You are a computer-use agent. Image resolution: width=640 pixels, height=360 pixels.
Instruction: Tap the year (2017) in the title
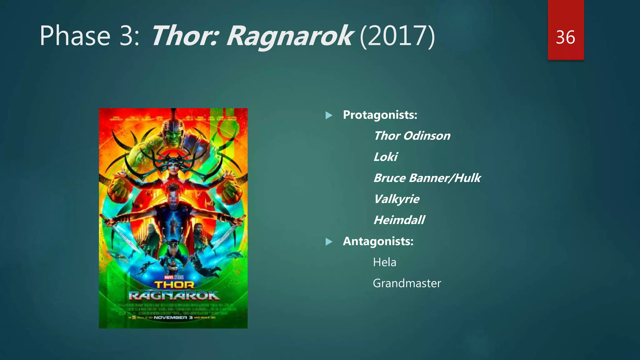(397, 37)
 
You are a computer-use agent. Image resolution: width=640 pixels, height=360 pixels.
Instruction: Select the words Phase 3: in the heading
(89, 36)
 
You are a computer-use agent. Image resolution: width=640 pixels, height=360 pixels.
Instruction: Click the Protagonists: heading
(380, 115)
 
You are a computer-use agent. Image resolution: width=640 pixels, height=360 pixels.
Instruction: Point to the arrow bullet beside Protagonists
(329, 116)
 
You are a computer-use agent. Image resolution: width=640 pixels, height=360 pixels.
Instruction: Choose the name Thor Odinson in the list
(412, 136)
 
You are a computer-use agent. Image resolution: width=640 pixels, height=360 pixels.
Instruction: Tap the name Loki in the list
(385, 157)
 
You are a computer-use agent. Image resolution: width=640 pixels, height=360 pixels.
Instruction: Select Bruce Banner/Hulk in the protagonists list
(427, 178)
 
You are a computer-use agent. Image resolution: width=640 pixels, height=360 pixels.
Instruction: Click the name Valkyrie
(396, 199)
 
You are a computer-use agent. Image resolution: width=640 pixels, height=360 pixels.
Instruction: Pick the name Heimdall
(399, 220)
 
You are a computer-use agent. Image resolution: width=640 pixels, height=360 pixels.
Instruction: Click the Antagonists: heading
(378, 241)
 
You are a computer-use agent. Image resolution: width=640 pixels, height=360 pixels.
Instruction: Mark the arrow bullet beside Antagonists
(329, 242)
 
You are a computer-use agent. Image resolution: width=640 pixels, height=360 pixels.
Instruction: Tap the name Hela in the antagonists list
(384, 262)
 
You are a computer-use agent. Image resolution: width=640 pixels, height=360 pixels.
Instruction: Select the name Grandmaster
(407, 283)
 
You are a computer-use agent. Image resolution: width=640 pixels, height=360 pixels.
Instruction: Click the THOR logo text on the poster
(174, 285)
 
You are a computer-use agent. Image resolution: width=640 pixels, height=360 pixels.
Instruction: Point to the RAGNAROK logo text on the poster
(174, 296)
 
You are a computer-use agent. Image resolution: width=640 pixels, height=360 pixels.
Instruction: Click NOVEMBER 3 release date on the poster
(170, 317)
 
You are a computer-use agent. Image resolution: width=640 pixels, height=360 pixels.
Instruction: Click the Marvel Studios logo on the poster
(174, 277)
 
